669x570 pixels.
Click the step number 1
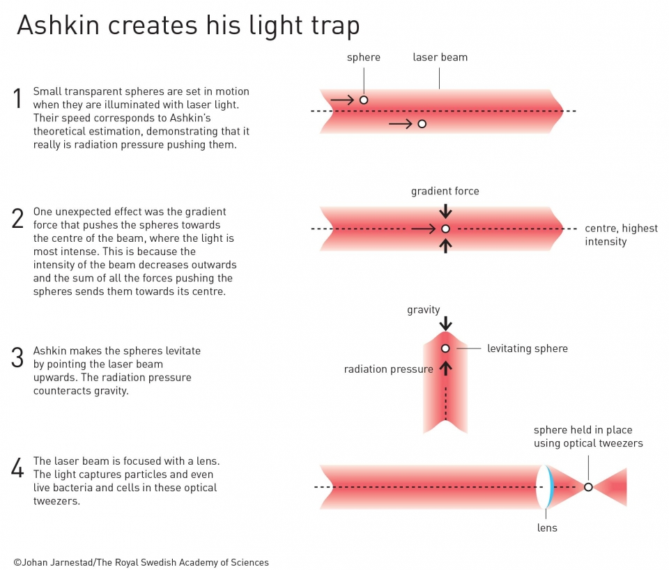coord(17,99)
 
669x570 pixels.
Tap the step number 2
coord(18,218)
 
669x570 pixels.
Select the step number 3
coord(18,357)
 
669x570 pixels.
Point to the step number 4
coord(17,468)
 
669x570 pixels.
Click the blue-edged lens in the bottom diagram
coord(546,487)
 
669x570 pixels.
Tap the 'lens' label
coord(547,527)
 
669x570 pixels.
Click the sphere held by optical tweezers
coord(588,487)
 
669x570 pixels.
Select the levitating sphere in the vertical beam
coord(445,348)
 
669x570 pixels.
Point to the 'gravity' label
coord(424,309)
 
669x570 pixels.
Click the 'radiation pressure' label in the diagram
coord(388,369)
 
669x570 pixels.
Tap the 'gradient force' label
coord(445,191)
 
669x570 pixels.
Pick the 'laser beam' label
coord(440,57)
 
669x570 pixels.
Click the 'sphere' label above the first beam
coord(364,57)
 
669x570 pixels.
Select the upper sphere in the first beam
coord(363,100)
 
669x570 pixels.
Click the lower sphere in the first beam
coord(422,124)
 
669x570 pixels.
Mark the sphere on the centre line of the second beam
coord(445,229)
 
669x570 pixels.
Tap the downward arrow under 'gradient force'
coord(445,210)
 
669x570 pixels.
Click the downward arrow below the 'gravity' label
coord(445,324)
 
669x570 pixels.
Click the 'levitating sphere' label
coord(527,348)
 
